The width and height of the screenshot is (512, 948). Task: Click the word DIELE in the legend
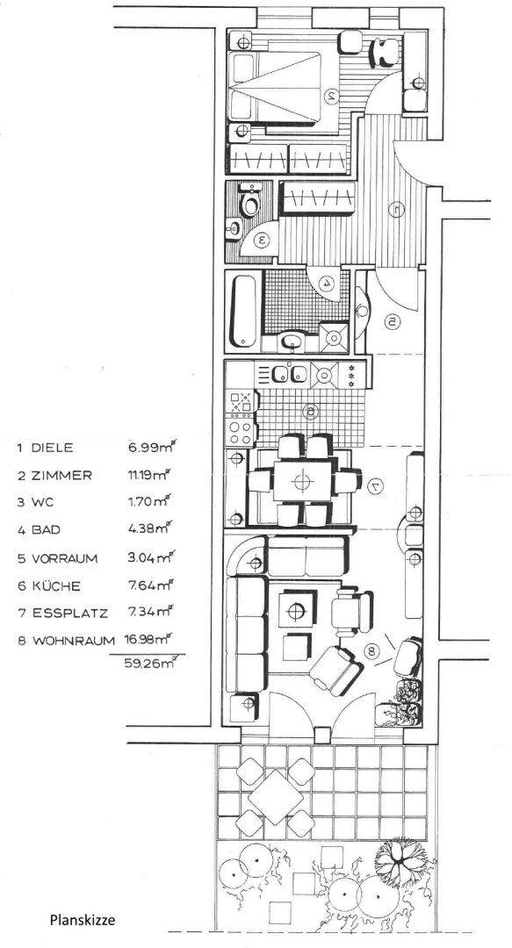coord(52,448)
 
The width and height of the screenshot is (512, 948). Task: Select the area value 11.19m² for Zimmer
coord(147,475)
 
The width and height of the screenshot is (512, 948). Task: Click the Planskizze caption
coord(83,921)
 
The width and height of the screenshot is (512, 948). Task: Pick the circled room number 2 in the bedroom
coord(331,95)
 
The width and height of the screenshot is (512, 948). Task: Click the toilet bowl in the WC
coord(249,203)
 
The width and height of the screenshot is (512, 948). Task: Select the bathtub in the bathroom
coord(244,312)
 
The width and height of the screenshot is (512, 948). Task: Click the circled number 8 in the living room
coord(372,651)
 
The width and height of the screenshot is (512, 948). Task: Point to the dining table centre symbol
coord(301,481)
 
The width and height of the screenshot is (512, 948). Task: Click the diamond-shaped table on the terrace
coord(276,797)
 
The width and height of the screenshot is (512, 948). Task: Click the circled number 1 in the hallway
coord(396,210)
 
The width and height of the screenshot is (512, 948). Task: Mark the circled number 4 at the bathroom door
coord(327,282)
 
